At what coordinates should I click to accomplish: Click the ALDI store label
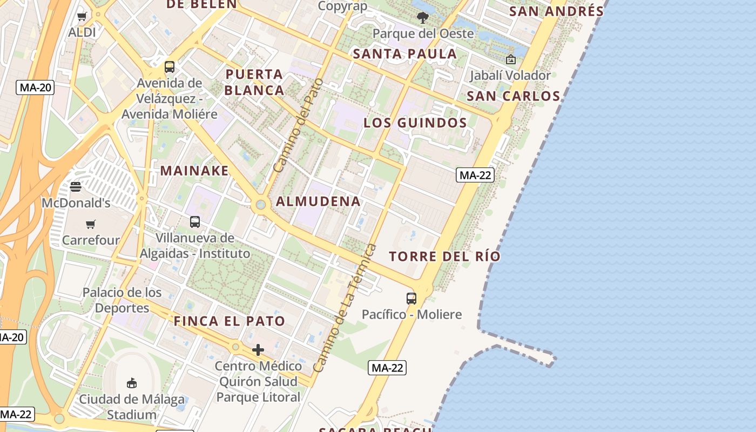point(82,32)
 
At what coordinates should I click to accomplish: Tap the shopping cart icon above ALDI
point(82,17)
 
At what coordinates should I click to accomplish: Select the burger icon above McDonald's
point(76,187)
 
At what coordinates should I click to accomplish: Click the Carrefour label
point(91,240)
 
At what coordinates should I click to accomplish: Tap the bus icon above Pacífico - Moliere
point(411,298)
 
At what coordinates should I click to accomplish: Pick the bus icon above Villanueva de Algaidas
point(195,221)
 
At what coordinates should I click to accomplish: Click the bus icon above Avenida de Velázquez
point(170,67)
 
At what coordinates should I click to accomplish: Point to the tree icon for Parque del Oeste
point(423,18)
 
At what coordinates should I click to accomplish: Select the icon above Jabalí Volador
point(510,59)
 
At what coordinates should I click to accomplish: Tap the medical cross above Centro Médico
point(258,350)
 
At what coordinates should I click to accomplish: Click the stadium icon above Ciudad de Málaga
point(131,383)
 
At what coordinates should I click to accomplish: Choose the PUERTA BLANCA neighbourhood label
point(254,82)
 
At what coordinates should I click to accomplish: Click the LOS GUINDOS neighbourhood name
point(415,123)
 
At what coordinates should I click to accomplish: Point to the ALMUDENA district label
point(318,201)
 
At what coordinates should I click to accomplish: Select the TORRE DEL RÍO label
point(445,256)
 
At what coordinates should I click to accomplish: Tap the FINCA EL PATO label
point(230,321)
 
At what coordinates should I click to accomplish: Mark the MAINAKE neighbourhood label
point(194,171)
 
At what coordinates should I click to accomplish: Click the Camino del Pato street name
point(298,125)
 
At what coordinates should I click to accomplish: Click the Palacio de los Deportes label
point(122,300)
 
